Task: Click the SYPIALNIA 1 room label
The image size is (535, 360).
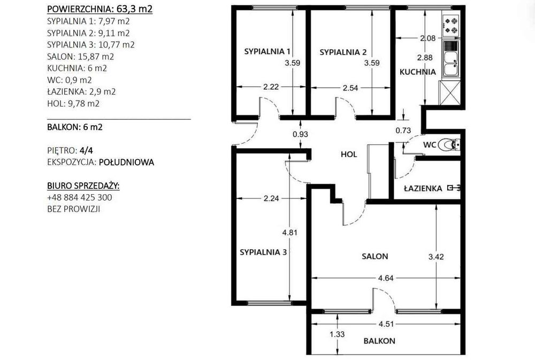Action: [267, 51]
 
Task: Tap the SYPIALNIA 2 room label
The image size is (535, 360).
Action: [343, 52]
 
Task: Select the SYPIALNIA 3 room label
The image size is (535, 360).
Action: [263, 252]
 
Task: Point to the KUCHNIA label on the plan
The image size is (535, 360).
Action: [418, 72]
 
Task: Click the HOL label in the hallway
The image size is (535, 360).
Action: [349, 154]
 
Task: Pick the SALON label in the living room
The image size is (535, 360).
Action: [374, 256]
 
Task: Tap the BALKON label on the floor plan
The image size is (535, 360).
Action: [379, 341]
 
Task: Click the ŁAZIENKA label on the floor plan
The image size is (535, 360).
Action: [423, 188]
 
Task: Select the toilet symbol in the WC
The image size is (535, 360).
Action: [448, 144]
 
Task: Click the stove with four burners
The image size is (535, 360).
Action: [450, 26]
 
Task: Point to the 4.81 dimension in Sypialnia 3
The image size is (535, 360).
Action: [289, 233]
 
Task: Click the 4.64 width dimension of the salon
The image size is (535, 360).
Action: [386, 278]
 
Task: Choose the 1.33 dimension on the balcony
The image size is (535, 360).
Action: [337, 334]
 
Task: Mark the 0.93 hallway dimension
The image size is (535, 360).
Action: [300, 134]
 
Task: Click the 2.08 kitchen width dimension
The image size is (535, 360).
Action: [428, 38]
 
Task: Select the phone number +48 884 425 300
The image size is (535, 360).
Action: [80, 197]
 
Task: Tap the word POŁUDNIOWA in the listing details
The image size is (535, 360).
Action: [126, 162]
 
